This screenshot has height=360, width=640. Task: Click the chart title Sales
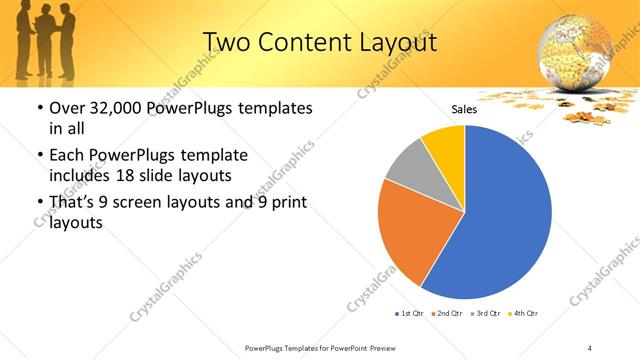464,110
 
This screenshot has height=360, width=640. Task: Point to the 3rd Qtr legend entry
485,314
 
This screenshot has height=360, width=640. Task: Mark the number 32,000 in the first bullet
116,108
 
